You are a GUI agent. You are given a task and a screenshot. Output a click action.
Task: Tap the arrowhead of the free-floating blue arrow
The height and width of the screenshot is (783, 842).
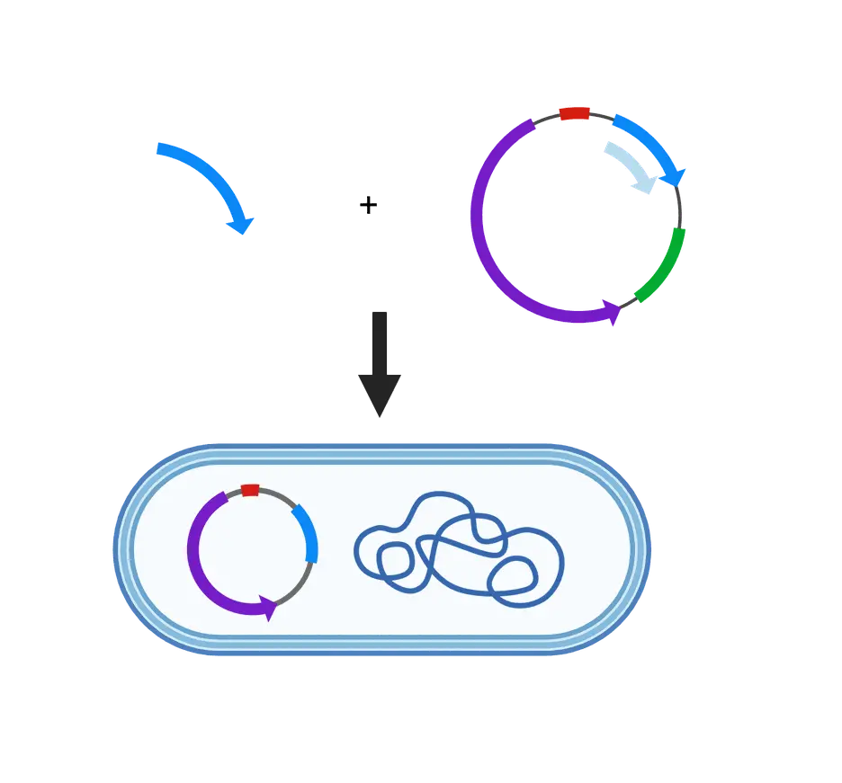point(242,224)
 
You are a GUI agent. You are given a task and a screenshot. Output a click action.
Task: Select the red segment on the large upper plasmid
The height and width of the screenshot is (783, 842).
point(574,112)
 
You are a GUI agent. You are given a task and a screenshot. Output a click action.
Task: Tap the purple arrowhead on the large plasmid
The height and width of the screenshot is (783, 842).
point(614,314)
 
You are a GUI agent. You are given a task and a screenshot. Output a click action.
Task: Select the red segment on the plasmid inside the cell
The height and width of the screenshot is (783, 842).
point(250,490)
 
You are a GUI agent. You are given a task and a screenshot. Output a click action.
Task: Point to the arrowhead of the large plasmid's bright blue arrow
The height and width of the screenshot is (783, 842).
point(678,175)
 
